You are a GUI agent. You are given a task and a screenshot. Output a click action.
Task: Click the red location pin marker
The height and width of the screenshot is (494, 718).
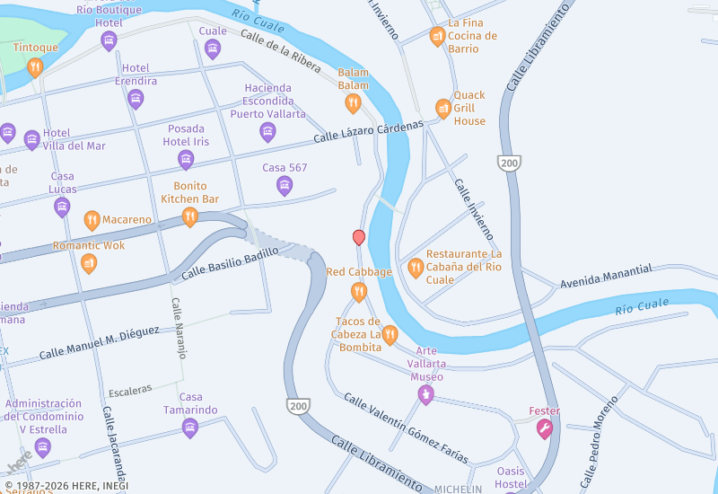tap(359, 237)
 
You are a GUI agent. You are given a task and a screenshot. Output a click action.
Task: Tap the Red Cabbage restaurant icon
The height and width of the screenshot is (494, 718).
tap(359, 291)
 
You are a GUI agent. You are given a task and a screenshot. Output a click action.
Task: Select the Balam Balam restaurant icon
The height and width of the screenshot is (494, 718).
tap(353, 104)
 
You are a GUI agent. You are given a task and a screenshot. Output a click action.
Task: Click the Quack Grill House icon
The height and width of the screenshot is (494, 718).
tap(442, 109)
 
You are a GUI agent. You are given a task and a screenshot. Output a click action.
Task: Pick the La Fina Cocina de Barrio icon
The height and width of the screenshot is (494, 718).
tap(437, 36)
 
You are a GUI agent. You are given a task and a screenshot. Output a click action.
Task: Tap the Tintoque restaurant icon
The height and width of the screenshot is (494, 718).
tap(35, 67)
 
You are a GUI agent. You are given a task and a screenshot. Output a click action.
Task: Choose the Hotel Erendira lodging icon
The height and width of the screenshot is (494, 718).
tap(136, 100)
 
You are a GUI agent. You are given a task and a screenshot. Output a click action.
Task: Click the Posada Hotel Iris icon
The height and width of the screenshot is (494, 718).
tap(186, 161)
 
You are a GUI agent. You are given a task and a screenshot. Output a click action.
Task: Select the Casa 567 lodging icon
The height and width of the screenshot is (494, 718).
tap(285, 186)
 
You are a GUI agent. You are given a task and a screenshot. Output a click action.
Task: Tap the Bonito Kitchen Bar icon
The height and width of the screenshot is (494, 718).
tap(189, 217)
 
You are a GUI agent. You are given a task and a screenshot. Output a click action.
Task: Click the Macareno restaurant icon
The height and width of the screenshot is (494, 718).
tap(92, 220)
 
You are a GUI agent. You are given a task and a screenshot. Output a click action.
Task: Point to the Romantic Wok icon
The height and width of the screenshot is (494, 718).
tap(89, 263)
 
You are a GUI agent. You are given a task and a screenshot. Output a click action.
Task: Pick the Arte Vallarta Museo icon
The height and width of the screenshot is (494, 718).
tap(427, 395)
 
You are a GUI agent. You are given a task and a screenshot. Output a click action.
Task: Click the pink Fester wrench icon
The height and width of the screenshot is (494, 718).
tap(544, 430)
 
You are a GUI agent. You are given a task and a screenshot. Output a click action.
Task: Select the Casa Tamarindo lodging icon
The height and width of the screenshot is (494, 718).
tap(189, 428)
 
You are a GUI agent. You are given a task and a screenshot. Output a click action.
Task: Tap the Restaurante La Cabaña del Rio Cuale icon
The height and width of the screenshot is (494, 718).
tap(416, 267)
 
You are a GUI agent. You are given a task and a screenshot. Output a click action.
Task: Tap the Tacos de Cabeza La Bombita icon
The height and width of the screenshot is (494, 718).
tap(390, 336)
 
